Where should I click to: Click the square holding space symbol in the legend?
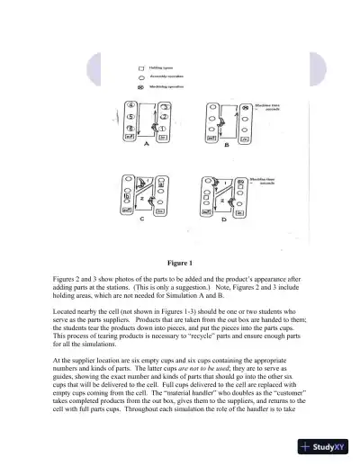pyautogui.click(x=140, y=67)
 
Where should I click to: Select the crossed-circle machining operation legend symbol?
pyautogui.click(x=140, y=86)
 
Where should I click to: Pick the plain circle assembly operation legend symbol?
pyautogui.click(x=140, y=77)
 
